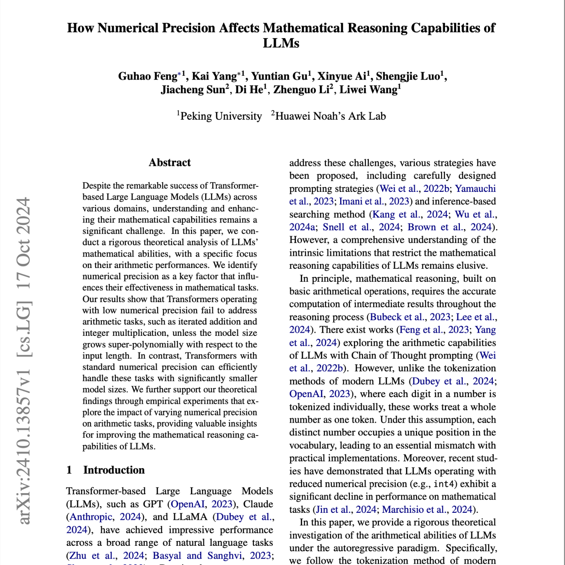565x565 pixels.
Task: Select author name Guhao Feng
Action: click(148, 76)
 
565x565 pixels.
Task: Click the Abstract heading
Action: click(169, 163)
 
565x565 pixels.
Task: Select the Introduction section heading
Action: click(114, 470)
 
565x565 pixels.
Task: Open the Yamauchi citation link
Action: click(475, 189)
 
